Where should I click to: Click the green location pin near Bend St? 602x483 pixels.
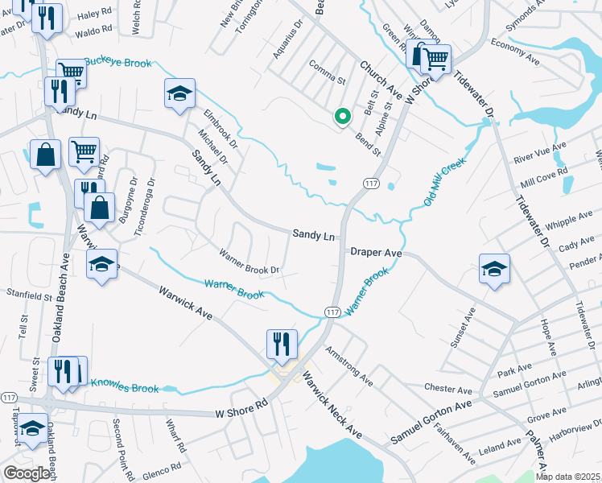[x=342, y=118]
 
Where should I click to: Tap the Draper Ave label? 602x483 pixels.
[x=376, y=252]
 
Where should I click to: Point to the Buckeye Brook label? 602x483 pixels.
[x=119, y=63]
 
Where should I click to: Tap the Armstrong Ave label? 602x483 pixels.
[x=349, y=365]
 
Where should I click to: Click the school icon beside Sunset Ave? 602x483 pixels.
[x=494, y=269]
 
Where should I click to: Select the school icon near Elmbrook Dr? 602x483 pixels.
[x=180, y=93]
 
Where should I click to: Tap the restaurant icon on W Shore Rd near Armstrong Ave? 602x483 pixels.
[x=282, y=344]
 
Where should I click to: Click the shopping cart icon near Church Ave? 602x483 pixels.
[x=435, y=57]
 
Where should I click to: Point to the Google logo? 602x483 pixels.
[x=27, y=474]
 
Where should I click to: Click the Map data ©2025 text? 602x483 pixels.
[x=568, y=477]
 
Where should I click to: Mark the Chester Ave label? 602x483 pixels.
[x=443, y=388]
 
